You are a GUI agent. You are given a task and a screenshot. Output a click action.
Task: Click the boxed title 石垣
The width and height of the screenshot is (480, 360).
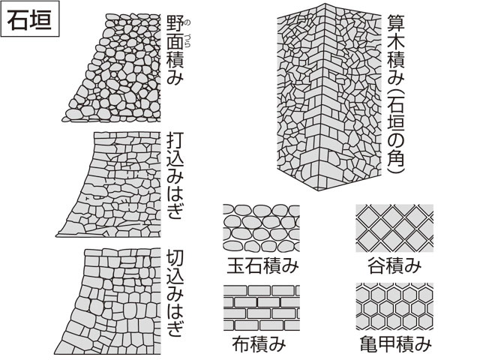(30, 19)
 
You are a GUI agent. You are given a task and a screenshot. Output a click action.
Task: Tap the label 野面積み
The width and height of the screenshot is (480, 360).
(175, 50)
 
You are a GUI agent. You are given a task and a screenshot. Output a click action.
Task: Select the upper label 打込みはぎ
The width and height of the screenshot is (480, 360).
(175, 175)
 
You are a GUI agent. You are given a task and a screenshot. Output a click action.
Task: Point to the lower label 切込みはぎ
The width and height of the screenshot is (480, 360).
(175, 293)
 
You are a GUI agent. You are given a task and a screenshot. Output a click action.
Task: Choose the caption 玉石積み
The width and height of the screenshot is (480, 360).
(262, 265)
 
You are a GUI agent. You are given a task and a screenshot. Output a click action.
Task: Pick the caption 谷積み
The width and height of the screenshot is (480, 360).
(394, 265)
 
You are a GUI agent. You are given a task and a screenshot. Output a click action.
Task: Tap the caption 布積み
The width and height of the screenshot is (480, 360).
(259, 343)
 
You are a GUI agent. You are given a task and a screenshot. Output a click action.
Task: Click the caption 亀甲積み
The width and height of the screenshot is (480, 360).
(395, 343)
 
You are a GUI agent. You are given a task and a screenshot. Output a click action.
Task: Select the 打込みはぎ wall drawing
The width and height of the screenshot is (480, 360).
(109, 184)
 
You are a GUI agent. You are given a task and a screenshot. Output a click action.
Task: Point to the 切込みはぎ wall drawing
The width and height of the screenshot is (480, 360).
(108, 301)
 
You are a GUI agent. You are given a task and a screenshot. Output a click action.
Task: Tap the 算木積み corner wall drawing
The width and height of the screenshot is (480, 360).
(329, 97)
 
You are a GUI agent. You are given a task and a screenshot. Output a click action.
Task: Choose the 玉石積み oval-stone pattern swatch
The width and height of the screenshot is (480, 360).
(262, 228)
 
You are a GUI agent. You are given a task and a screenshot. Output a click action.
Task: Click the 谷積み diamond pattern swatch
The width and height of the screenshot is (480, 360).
(394, 228)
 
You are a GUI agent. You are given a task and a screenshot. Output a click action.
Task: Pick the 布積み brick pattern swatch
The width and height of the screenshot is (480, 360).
(262, 307)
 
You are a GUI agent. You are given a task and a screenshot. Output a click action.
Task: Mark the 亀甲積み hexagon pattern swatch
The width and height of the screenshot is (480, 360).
(394, 307)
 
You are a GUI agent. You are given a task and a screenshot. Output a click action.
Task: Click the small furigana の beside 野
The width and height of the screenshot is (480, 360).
(187, 22)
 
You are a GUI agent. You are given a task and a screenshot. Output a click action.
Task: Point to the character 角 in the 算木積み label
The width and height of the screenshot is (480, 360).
(396, 157)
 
